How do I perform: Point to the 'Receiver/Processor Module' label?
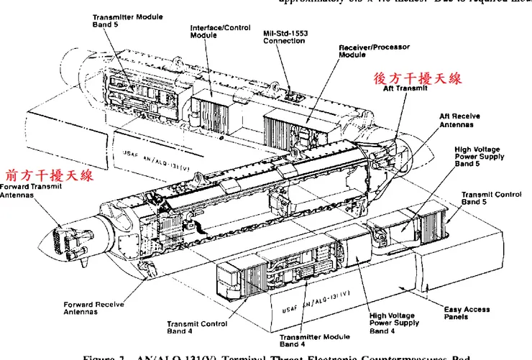click(x=374, y=50)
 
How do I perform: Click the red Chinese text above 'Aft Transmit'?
click(x=417, y=78)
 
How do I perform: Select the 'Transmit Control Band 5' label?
click(x=491, y=198)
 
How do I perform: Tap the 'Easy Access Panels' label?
click(x=467, y=313)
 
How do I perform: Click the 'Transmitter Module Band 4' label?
click(x=314, y=340)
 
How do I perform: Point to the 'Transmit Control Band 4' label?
click(x=197, y=328)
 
